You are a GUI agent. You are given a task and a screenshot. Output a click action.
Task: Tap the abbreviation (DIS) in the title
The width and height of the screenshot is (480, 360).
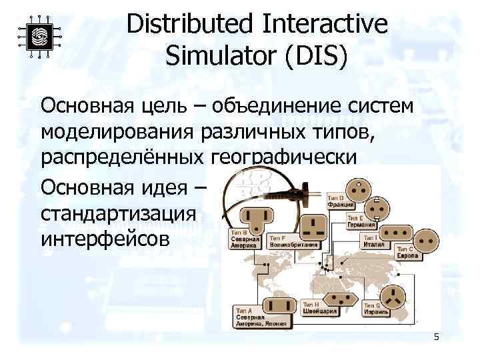click(315, 56)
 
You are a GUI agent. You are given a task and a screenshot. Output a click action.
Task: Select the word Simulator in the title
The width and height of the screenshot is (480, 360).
click(221, 56)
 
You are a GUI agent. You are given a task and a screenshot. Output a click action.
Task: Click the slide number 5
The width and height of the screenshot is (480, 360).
click(436, 337)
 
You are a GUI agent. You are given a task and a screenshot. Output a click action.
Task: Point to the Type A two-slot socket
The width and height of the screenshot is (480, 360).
click(277, 306)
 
